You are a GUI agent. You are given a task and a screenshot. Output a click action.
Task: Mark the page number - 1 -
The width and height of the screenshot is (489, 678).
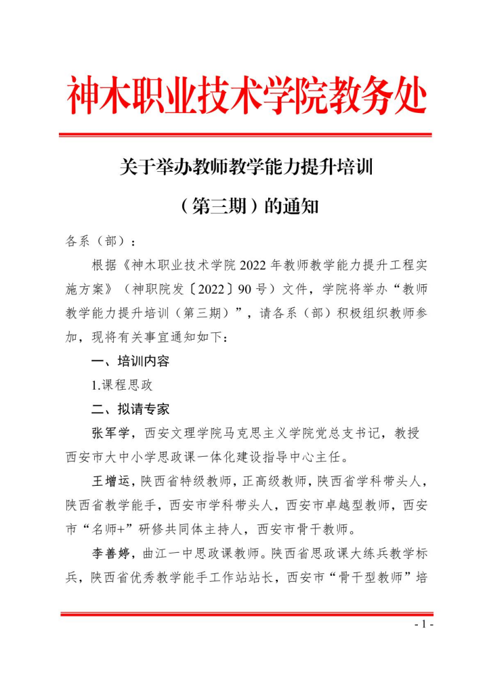[x=423, y=625]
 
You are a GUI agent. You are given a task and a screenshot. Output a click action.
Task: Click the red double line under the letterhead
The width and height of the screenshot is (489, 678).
[x=245, y=135]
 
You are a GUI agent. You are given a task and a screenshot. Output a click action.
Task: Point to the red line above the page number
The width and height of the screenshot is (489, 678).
[x=245, y=614]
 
